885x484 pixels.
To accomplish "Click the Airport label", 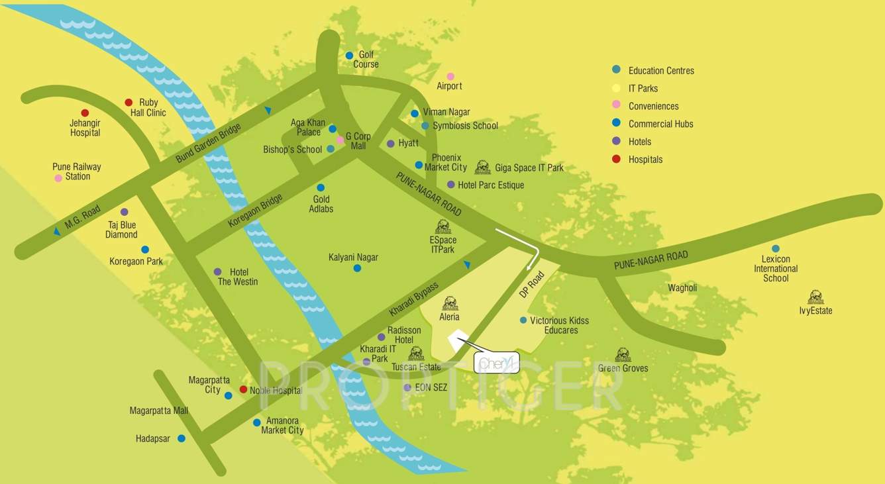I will pos(449,86).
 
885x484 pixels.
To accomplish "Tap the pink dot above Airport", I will pos(450,76).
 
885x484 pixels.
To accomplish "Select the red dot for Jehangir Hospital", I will pos(85,113).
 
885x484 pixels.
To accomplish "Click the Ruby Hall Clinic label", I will pos(148,108).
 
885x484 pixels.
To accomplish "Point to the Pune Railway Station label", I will pos(77,171).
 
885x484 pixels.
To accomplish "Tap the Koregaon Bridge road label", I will pos(255,211).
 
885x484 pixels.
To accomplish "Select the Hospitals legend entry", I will pos(645,160).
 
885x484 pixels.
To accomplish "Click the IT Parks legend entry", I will pos(643,88).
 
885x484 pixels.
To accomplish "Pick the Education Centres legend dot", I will pos(617,70).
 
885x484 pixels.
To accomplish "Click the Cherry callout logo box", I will pos(497,362).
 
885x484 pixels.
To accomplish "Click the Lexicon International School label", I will pos(776,269).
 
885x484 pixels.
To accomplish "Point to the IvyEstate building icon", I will pos(815,297).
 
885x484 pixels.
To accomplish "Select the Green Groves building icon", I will pos(623,354).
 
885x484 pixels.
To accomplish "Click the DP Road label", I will pos(531,285).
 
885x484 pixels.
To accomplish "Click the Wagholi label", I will pos(682,288).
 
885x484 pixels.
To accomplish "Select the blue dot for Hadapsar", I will pos(182,438).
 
